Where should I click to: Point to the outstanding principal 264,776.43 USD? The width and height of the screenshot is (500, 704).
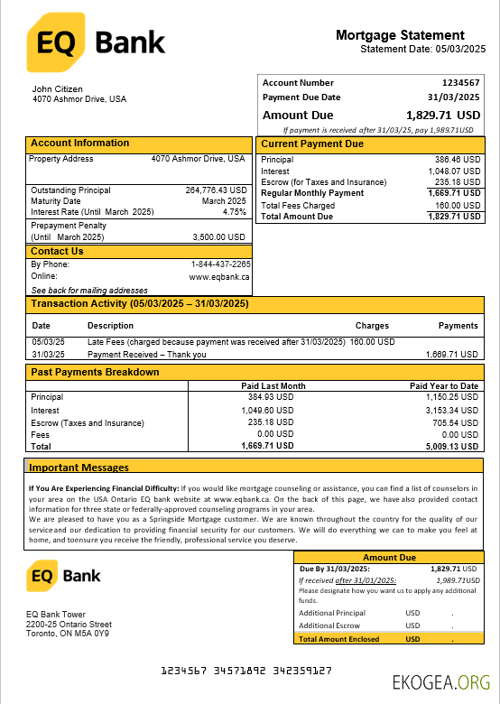(x=217, y=190)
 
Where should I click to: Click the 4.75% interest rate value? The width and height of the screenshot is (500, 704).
(x=235, y=212)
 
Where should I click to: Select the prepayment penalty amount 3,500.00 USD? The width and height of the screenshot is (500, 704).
(x=219, y=237)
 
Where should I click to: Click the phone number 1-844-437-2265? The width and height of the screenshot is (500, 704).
(x=220, y=264)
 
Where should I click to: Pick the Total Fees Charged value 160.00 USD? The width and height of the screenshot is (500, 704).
(x=453, y=205)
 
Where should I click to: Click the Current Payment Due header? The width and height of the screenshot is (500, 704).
(x=312, y=144)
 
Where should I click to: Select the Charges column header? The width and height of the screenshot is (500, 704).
(x=372, y=326)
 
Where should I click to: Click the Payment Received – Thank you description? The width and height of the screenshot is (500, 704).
(x=146, y=355)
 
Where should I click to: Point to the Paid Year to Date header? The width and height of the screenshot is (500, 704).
(x=444, y=386)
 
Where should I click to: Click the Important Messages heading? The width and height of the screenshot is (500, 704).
(x=79, y=468)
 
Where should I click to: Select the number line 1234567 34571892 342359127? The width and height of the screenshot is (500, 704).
(x=245, y=672)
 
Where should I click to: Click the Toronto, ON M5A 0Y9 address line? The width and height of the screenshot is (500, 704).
(x=68, y=634)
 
